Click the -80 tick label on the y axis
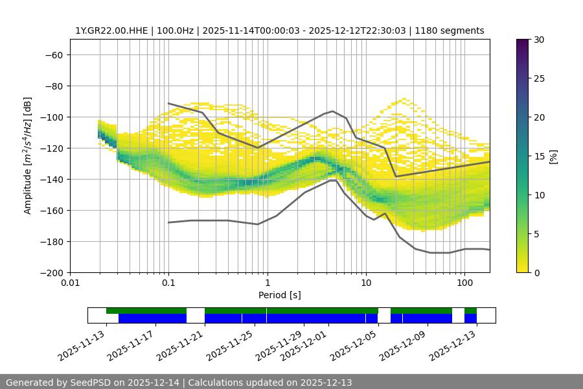click(x=52, y=86)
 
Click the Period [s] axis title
click(x=280, y=295)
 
